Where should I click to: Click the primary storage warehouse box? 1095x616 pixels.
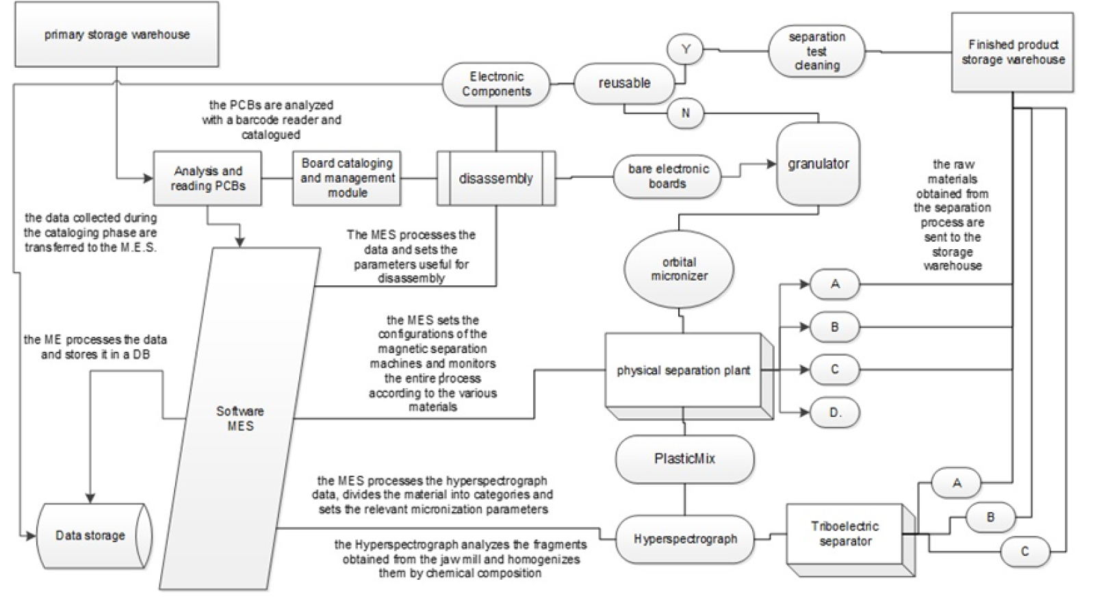(117, 34)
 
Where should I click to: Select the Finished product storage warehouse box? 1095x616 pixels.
(1012, 52)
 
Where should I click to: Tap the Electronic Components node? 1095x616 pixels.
(496, 84)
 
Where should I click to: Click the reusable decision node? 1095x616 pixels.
(624, 83)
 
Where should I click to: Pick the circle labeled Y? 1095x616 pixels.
(686, 49)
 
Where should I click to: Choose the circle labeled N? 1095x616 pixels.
(686, 113)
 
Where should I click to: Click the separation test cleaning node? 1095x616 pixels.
(816, 51)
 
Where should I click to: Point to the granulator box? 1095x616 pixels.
(818, 164)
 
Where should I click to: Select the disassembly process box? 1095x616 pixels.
(495, 179)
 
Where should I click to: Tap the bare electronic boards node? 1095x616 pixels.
(667, 176)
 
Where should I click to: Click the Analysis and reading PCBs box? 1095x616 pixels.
(207, 179)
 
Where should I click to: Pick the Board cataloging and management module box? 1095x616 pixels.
(347, 178)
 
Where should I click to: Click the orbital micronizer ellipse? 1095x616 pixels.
(679, 269)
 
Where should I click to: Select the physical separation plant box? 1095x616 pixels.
(683, 370)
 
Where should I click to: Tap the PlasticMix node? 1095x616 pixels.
(684, 459)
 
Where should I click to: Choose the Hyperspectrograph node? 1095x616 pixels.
(685, 539)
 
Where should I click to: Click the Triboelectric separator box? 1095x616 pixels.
(845, 534)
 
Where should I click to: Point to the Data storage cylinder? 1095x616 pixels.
(90, 536)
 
